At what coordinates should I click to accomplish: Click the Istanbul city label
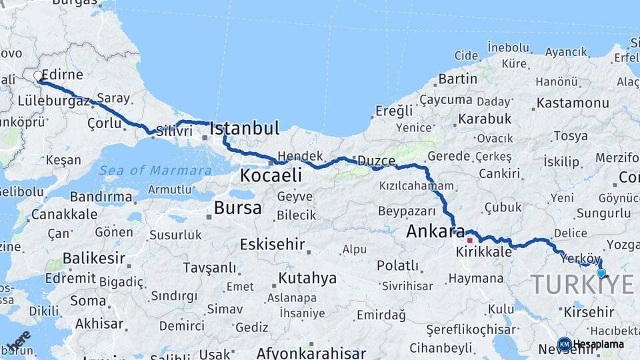click(244, 129)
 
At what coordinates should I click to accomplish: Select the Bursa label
click(237, 208)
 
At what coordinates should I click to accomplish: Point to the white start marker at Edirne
click(38, 76)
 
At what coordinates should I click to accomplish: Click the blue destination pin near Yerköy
click(601, 273)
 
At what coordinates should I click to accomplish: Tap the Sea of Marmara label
click(155, 171)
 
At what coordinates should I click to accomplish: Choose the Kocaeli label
click(271, 176)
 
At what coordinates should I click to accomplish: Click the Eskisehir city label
click(273, 243)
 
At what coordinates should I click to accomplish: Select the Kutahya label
click(307, 278)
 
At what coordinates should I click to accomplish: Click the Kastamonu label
click(573, 103)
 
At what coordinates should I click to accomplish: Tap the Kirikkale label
click(484, 253)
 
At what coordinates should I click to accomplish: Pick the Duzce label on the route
click(376, 161)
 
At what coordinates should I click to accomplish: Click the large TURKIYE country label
click(582, 285)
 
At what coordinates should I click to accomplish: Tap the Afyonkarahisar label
click(311, 353)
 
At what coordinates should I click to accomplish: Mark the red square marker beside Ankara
click(469, 240)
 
